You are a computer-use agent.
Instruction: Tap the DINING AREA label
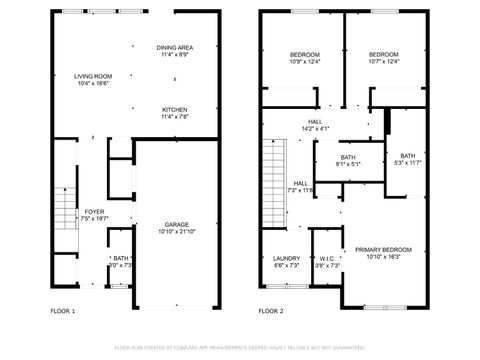(x=175, y=48)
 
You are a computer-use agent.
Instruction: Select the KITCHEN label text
(x=175, y=110)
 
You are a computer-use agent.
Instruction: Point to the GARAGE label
(x=177, y=224)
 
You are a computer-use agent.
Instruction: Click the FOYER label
(x=94, y=212)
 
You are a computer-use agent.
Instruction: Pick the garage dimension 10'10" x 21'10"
(x=177, y=232)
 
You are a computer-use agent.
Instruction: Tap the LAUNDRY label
(x=286, y=258)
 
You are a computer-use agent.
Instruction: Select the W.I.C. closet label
(x=326, y=258)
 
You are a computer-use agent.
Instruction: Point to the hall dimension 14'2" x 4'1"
(x=315, y=128)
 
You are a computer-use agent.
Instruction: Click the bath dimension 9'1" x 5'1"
(x=348, y=164)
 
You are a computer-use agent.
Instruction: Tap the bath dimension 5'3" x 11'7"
(x=407, y=163)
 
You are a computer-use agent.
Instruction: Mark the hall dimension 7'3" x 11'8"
(x=300, y=190)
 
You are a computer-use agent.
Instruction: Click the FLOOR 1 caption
(x=63, y=311)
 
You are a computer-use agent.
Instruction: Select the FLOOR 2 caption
(x=271, y=311)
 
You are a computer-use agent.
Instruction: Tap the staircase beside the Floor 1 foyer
(x=62, y=210)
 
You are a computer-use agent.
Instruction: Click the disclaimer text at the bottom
(x=239, y=348)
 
